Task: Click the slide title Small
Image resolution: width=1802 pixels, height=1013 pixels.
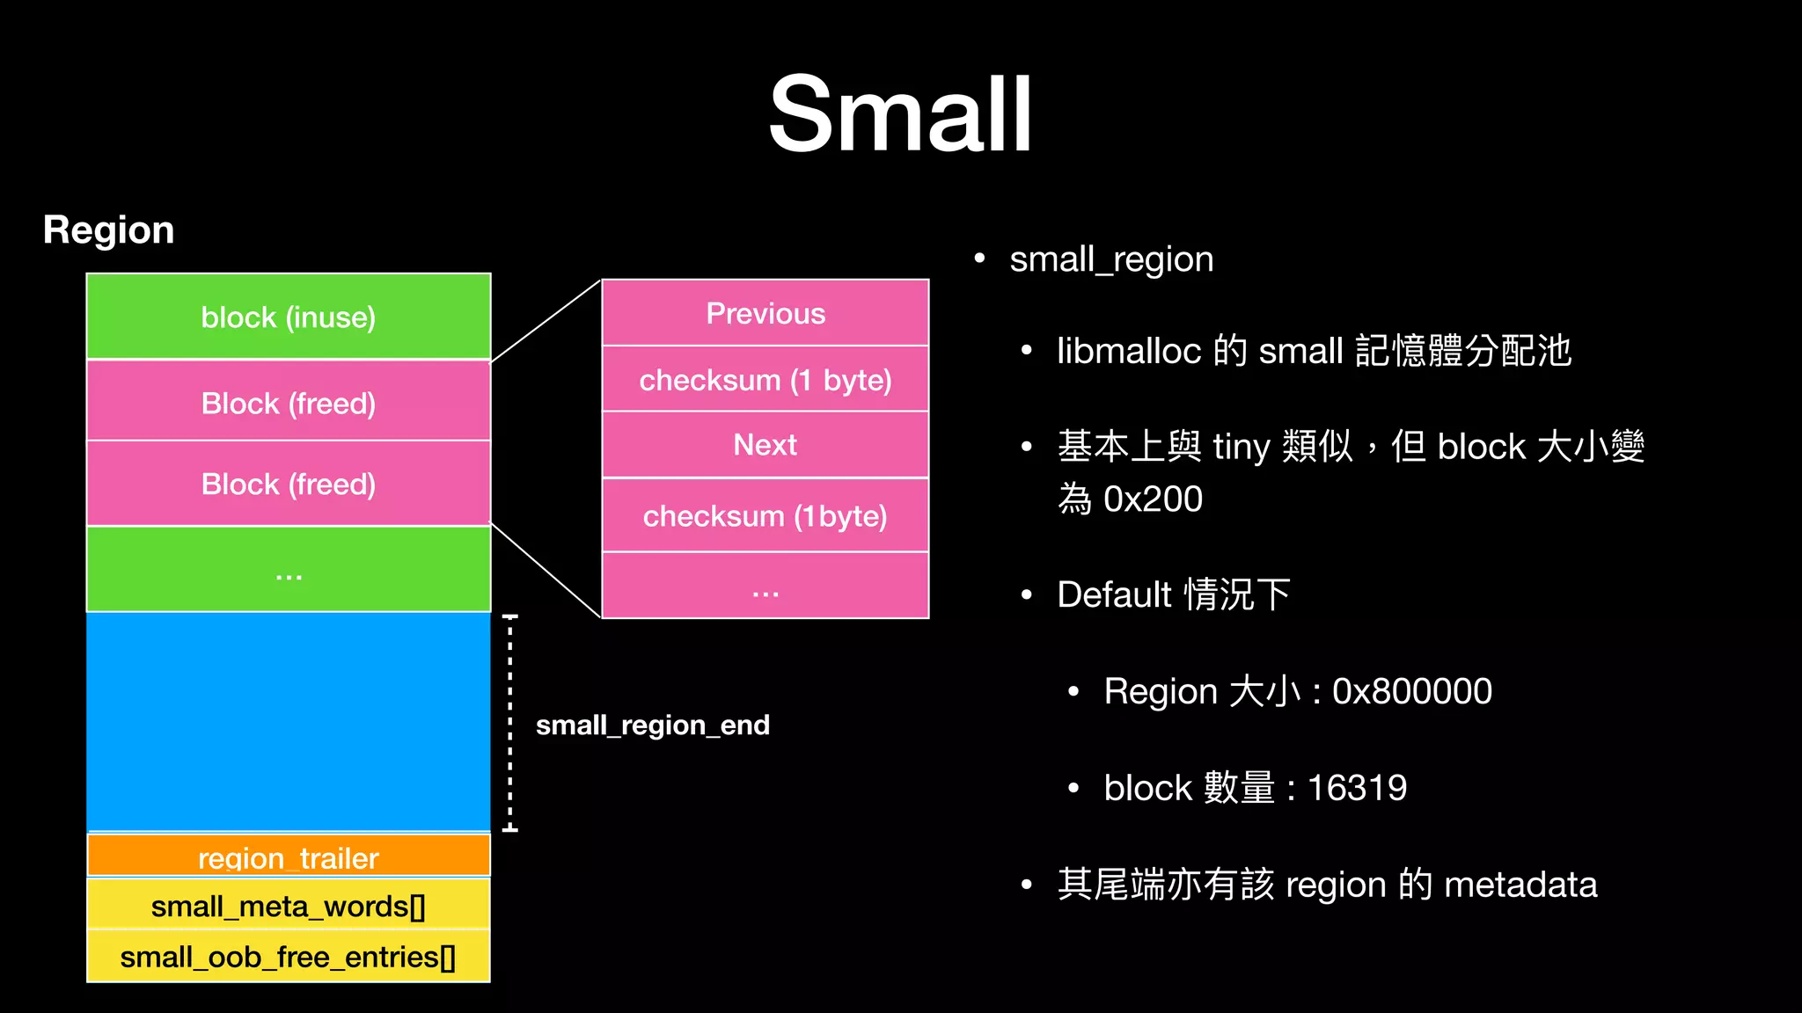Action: click(x=900, y=114)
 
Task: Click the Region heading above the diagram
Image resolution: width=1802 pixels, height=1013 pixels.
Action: click(x=108, y=230)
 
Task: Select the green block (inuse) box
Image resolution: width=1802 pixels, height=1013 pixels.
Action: click(x=289, y=317)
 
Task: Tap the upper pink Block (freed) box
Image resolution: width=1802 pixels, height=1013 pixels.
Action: click(x=289, y=402)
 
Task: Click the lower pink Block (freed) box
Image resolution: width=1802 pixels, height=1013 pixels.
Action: click(x=289, y=484)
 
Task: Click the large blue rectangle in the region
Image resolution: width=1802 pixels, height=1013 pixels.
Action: click(x=289, y=721)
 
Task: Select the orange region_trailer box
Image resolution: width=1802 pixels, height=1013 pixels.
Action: click(x=289, y=856)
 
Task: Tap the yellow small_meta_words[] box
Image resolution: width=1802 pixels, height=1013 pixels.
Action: click(x=289, y=906)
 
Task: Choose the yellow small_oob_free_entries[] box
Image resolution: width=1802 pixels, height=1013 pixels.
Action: click(x=289, y=957)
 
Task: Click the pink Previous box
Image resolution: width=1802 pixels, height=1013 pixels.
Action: click(x=765, y=313)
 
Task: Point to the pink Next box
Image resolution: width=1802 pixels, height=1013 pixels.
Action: click(x=765, y=445)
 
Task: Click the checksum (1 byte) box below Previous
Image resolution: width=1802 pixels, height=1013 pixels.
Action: click(x=765, y=380)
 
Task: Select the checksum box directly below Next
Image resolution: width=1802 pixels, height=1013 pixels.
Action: click(x=765, y=516)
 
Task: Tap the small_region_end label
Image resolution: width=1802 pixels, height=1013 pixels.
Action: click(x=652, y=725)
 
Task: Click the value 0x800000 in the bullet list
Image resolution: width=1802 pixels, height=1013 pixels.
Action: click(x=1411, y=691)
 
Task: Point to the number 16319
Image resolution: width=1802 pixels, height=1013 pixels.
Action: click(x=1357, y=788)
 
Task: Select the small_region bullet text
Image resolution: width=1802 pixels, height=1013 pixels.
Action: click(x=1111, y=259)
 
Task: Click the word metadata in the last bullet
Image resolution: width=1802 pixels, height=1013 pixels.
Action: click(x=1520, y=885)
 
